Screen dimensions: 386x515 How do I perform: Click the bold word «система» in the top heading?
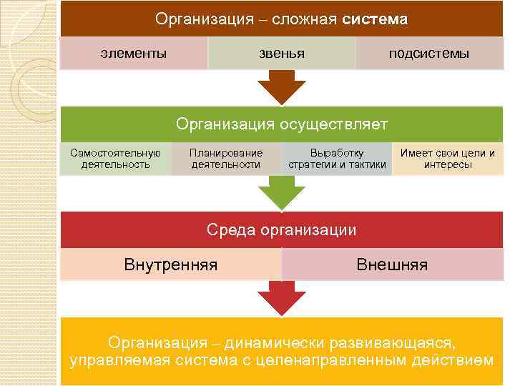point(375,19)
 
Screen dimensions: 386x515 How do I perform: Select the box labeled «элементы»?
point(134,53)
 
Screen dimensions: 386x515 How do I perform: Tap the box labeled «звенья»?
point(281,53)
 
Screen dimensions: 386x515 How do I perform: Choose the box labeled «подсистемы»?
point(429,53)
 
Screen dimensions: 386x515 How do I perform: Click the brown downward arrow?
point(282,87)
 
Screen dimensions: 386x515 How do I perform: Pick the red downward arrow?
point(282,297)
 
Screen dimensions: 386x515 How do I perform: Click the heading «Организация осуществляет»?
point(282,124)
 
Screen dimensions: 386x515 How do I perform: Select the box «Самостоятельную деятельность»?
point(115,158)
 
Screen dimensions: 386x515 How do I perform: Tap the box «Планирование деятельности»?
point(226,158)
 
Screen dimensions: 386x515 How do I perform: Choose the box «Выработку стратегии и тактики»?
point(337,158)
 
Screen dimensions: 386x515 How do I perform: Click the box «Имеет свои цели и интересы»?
point(448,158)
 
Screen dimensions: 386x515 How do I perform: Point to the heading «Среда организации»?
point(282,229)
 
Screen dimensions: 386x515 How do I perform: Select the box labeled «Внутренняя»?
point(171,265)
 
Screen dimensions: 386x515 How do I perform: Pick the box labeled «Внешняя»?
point(392,265)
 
